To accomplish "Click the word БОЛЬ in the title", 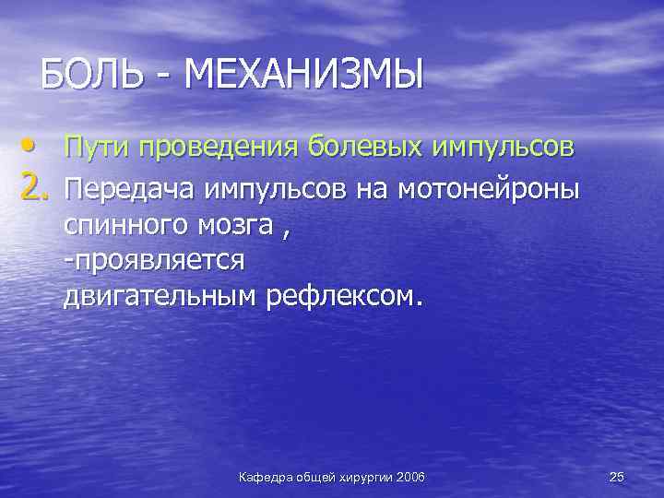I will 93,74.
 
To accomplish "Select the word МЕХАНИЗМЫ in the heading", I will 304,74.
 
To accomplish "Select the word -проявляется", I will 154,261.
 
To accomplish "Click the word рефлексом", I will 348,296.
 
